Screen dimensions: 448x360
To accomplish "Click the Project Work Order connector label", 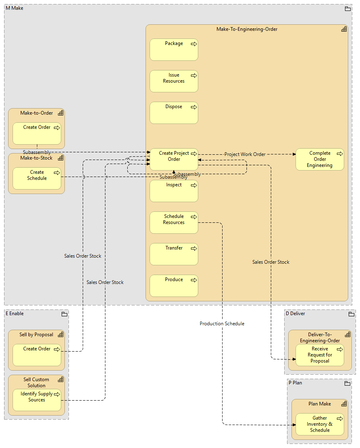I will click(245, 154).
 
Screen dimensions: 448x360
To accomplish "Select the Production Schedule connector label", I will click(222, 324).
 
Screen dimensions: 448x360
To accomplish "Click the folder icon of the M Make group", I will click(347, 9).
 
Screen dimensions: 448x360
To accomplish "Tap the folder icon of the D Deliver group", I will click(351, 314).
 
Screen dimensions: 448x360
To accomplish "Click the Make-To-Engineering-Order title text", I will click(246, 29).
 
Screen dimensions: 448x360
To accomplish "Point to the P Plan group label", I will click(295, 383).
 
